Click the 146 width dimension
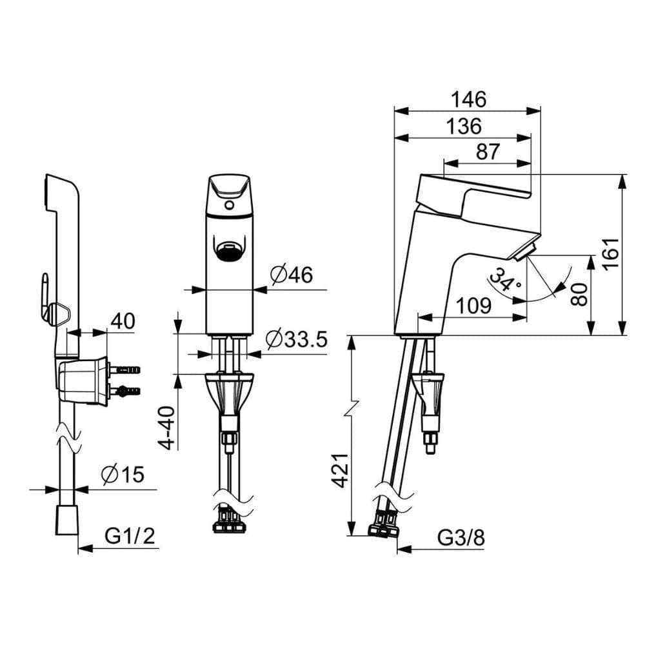click(x=468, y=99)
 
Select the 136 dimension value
click(x=464, y=126)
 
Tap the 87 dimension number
click(x=488, y=152)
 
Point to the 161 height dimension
click(x=611, y=253)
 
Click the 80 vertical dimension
click(x=580, y=294)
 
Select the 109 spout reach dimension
click(x=474, y=306)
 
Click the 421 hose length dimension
click(x=341, y=471)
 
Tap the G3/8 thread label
click(x=461, y=537)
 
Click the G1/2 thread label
click(x=130, y=536)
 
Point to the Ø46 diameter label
click(x=292, y=274)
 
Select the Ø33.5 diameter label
click(x=296, y=339)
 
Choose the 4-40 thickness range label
click(x=168, y=428)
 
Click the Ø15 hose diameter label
click(x=123, y=475)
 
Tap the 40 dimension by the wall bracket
click(x=123, y=321)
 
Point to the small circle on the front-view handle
click(x=230, y=205)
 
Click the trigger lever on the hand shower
click(x=45, y=296)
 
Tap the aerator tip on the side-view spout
click(x=524, y=252)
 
